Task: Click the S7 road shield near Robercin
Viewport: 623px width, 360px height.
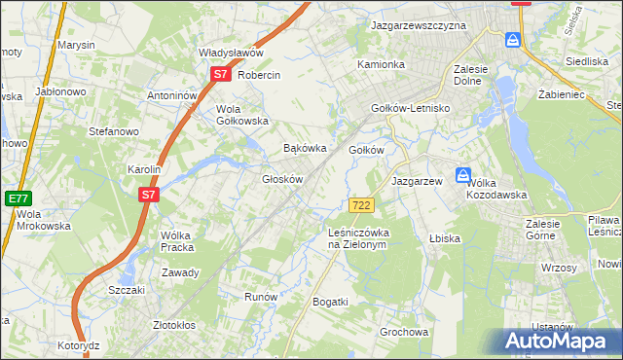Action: pos(221,74)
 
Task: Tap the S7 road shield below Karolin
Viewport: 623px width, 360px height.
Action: pos(148,195)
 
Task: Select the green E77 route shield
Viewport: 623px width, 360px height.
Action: pos(18,198)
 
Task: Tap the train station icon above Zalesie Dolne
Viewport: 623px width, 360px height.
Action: pos(513,41)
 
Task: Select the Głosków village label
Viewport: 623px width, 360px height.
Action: pos(282,179)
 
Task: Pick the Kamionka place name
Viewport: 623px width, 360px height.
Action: pos(381,64)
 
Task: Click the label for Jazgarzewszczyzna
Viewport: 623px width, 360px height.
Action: pos(419,25)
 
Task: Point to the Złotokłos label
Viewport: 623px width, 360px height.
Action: pos(176,325)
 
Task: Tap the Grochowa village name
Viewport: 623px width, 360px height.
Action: pos(404,332)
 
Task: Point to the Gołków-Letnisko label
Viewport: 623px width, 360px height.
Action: pos(410,108)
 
